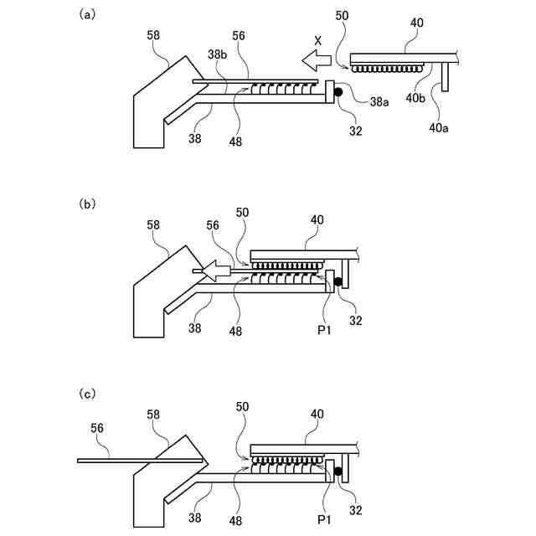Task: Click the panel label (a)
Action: pyautogui.click(x=85, y=14)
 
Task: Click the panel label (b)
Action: pyautogui.click(x=85, y=204)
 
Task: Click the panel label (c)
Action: pyautogui.click(x=85, y=393)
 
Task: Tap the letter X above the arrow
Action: pyautogui.click(x=317, y=40)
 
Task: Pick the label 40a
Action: pyautogui.click(x=437, y=127)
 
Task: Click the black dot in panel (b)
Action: pyautogui.click(x=338, y=282)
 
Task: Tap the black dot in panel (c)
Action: pyautogui.click(x=338, y=472)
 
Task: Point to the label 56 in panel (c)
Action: pyautogui.click(x=99, y=429)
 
